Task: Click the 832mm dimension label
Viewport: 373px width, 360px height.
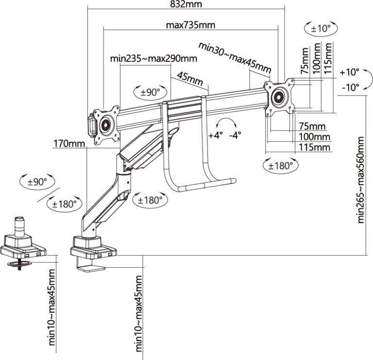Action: coord(186,4)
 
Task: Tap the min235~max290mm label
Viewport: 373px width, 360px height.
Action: coord(153,59)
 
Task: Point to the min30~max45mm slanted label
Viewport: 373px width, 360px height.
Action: coord(234,58)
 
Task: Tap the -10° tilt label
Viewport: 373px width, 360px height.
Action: coord(349,87)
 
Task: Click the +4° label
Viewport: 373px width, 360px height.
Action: coord(216,135)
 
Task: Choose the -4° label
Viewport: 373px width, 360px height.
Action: coord(237,135)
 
